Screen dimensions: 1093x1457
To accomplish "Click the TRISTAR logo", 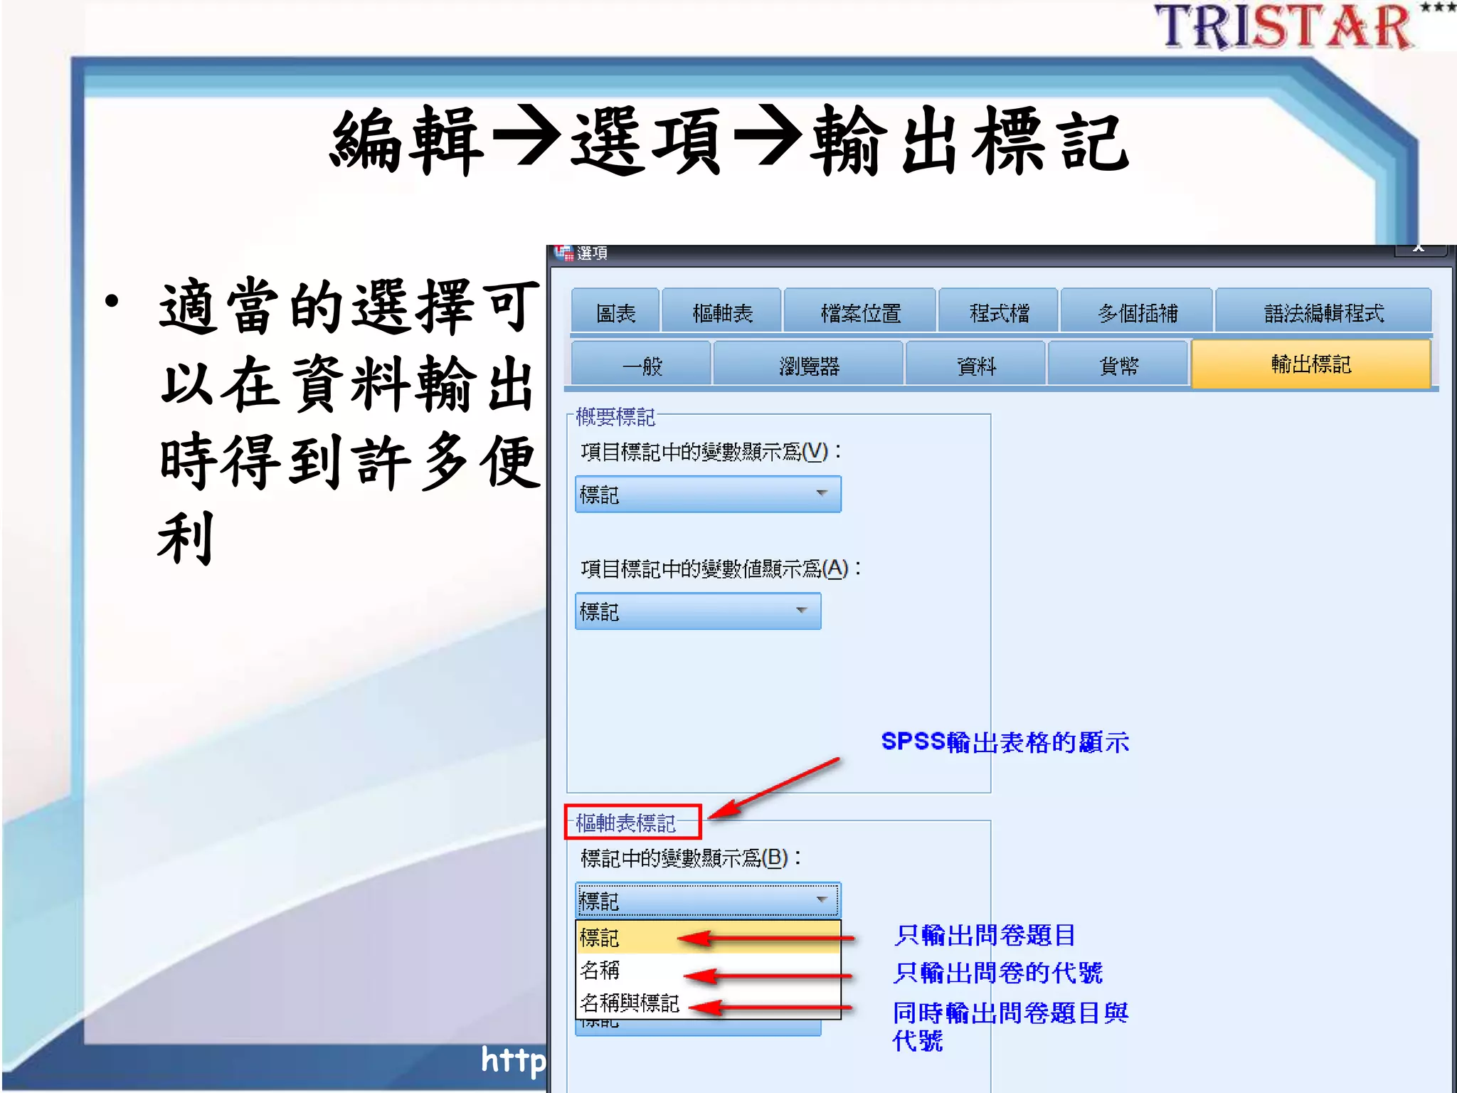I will point(1284,27).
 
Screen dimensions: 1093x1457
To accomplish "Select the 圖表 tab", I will point(615,312).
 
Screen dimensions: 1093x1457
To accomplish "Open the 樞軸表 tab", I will point(722,312).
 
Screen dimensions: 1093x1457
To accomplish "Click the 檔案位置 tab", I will point(860,312).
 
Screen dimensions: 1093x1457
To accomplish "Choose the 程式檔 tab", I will point(999,312).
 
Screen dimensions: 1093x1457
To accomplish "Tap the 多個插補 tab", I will point(1137,312).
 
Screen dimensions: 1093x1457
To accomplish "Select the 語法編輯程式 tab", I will point(1323,312).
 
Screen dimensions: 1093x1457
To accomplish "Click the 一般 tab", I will point(641,365).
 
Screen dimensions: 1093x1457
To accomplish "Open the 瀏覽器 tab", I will point(809,365).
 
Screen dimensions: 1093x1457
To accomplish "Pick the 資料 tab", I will point(976,365).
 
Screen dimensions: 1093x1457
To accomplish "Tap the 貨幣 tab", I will point(1118,365).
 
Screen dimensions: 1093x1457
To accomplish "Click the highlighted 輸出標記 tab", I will point(1310,364).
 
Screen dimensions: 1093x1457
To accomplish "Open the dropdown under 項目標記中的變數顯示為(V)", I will point(708,494).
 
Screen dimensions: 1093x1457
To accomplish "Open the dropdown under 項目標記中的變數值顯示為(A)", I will point(698,611).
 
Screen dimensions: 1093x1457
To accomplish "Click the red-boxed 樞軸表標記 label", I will point(626,823).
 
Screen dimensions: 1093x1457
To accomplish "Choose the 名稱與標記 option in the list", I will point(630,1003).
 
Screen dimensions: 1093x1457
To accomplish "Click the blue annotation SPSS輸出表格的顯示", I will point(1005,742).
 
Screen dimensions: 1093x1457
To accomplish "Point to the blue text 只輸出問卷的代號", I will point(997,972).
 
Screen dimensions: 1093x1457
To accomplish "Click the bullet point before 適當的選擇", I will point(112,301).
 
